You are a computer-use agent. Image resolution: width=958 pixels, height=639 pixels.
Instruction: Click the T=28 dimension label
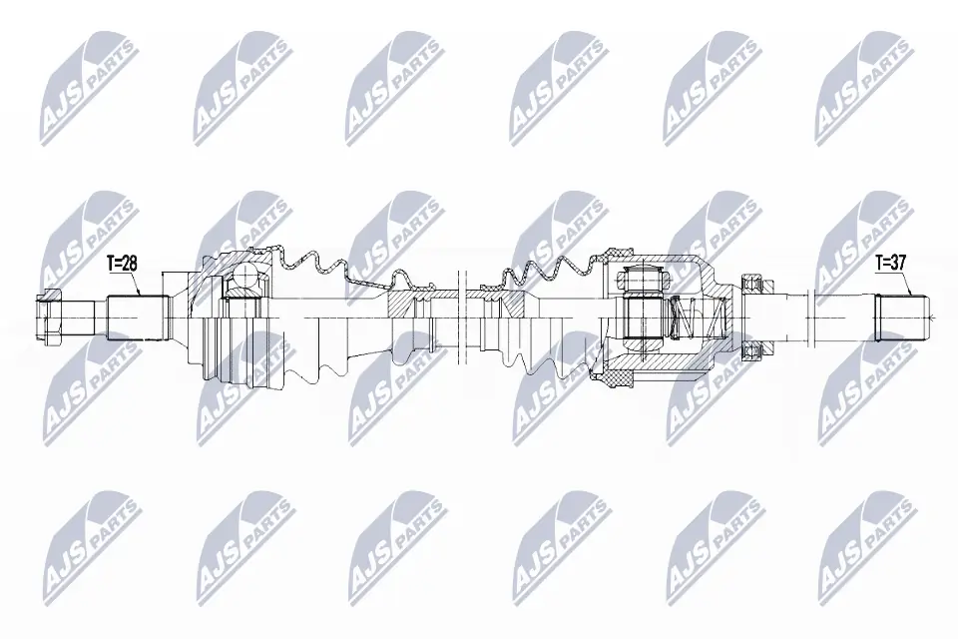(121, 263)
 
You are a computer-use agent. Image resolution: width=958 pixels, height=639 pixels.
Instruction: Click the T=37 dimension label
(891, 263)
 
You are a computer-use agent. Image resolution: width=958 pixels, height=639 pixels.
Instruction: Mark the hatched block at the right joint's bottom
(612, 378)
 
